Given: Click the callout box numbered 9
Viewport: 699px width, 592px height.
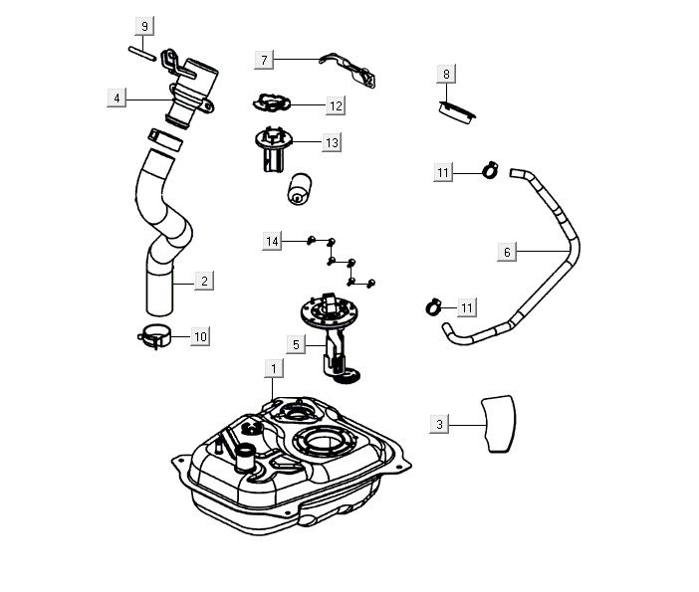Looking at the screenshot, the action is (x=144, y=26).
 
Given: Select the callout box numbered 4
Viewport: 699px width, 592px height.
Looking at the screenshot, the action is (x=116, y=98).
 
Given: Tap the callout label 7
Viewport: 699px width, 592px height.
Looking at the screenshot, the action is (x=264, y=60).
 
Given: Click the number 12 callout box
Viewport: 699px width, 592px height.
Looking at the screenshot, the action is (x=336, y=105).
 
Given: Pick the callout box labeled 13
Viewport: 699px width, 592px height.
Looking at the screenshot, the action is (x=332, y=142).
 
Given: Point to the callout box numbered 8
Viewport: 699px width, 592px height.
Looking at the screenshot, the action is (x=446, y=74).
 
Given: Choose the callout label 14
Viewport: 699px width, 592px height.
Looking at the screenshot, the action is (x=272, y=241).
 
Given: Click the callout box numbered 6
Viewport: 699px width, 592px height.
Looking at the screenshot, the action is (x=507, y=252).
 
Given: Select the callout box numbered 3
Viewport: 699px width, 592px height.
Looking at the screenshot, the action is (x=439, y=424).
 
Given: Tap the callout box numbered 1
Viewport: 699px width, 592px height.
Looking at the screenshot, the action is (x=274, y=368).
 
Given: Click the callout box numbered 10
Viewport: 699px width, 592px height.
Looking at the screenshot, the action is (x=200, y=336).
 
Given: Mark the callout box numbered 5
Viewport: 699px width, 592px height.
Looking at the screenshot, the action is (x=296, y=344).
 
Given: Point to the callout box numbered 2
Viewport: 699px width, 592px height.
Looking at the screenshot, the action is (x=204, y=281).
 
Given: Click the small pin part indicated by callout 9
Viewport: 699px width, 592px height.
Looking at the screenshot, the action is (x=142, y=54).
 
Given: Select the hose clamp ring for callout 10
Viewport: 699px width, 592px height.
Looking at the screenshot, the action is (x=154, y=336).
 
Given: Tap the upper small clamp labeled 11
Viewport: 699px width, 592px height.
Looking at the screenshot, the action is (x=490, y=170).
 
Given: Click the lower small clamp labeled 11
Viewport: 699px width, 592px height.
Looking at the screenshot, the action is (x=433, y=306).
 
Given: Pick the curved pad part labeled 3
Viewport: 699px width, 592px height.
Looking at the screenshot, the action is (x=499, y=424).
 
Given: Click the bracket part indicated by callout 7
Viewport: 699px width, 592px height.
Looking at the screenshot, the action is (x=348, y=70).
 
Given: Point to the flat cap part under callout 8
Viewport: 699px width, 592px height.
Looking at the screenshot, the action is (x=457, y=112).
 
